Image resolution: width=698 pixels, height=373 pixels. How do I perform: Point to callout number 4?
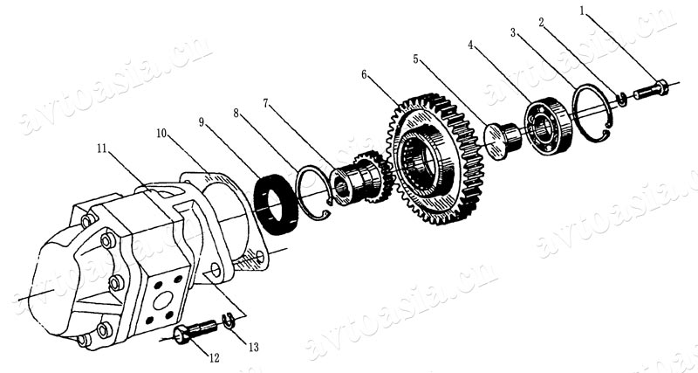(472, 44)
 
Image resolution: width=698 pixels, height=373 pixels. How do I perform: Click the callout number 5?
(417, 59)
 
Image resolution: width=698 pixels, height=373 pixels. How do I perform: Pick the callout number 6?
(364, 74)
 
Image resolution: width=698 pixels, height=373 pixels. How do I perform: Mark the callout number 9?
(202, 121)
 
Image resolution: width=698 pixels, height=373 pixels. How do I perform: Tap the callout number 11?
(104, 149)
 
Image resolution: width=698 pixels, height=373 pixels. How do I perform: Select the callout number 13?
(253, 348)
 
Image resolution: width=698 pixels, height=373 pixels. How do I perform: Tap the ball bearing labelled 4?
(548, 122)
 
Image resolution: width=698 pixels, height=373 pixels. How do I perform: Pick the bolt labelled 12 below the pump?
(197, 331)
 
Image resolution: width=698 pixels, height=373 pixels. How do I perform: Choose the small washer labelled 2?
(621, 99)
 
